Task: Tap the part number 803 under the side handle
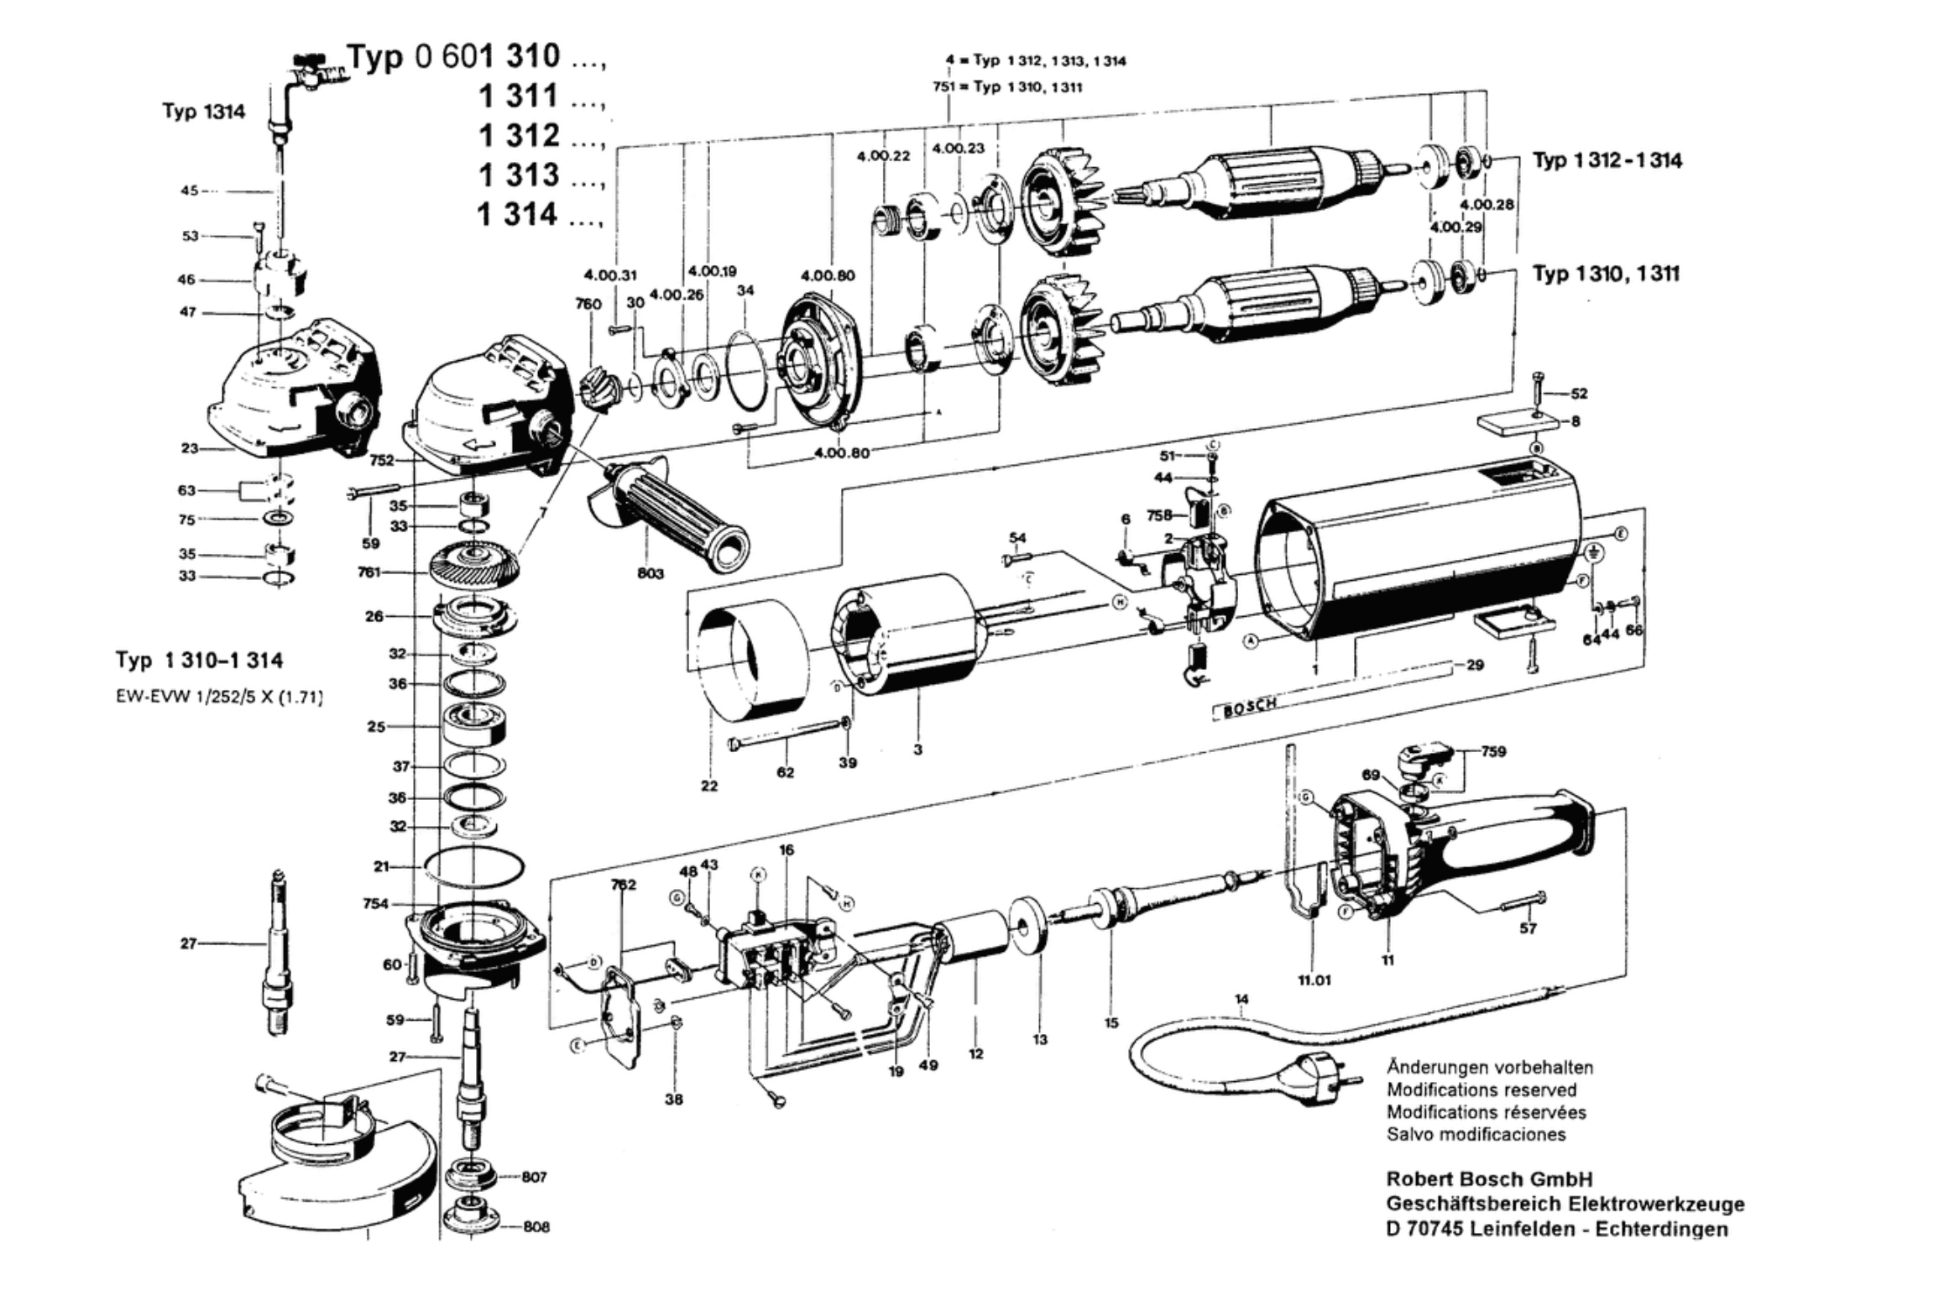pos(650,573)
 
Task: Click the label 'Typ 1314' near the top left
pos(204,112)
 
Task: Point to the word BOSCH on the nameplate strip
pos(1251,708)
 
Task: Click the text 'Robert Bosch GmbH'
pos(1489,1179)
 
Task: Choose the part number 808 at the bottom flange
pos(536,1226)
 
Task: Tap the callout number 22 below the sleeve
pos(709,786)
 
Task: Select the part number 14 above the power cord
pos(1241,999)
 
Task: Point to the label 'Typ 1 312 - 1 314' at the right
pos(1607,160)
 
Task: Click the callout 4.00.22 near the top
pos(883,156)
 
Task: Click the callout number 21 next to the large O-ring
pos(381,865)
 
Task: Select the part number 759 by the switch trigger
pos(1493,751)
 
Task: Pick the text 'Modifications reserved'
pos(1482,1090)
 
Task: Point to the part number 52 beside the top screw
pos(1579,393)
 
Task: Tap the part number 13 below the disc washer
pos(1040,1039)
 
